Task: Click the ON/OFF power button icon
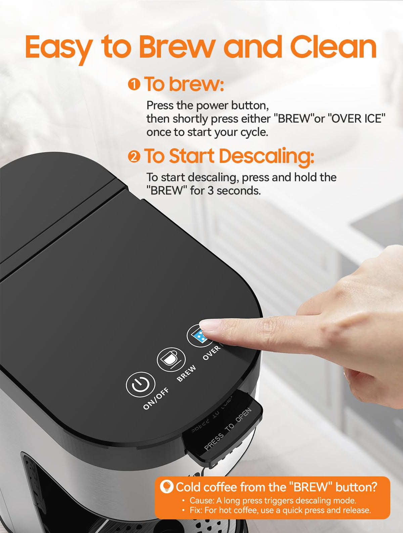140,385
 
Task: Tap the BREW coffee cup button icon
171,360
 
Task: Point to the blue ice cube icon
198,336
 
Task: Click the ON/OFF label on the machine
156,398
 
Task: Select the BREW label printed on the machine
186,373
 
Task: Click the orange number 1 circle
134,84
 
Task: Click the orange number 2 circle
134,156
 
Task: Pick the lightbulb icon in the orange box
167,487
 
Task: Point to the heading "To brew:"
184,84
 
